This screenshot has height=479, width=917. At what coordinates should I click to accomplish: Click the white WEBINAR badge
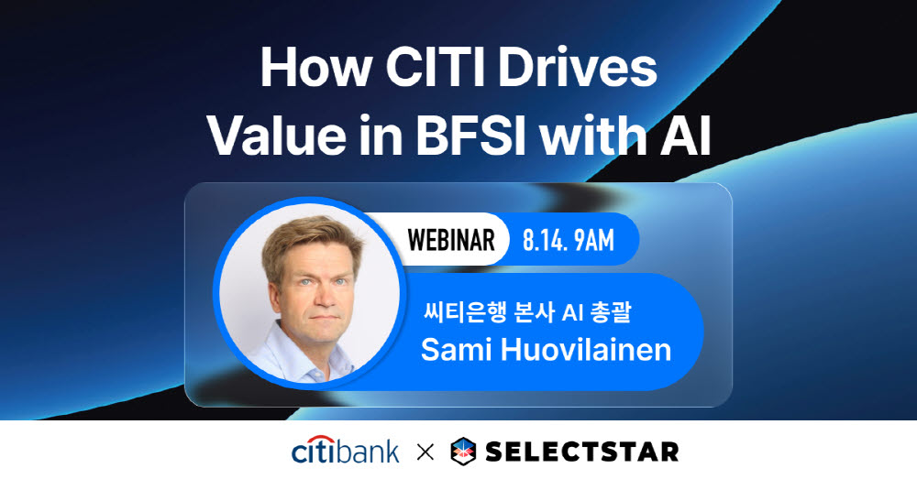pyautogui.click(x=451, y=240)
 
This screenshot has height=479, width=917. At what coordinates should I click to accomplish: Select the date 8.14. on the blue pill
pyautogui.click(x=545, y=240)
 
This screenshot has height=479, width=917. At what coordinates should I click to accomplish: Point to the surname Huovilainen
pyautogui.click(x=586, y=349)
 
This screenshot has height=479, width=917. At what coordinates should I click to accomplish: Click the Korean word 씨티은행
pyautogui.click(x=464, y=312)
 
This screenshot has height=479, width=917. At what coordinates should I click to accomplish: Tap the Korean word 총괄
pyautogui.click(x=610, y=312)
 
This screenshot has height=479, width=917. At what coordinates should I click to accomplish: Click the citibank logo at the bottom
pyautogui.click(x=345, y=450)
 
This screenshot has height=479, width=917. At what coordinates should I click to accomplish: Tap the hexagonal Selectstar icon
pyautogui.click(x=463, y=452)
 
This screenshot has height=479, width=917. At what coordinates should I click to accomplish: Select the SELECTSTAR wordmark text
pyautogui.click(x=582, y=452)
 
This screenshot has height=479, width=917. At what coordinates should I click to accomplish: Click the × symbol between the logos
pyautogui.click(x=425, y=452)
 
